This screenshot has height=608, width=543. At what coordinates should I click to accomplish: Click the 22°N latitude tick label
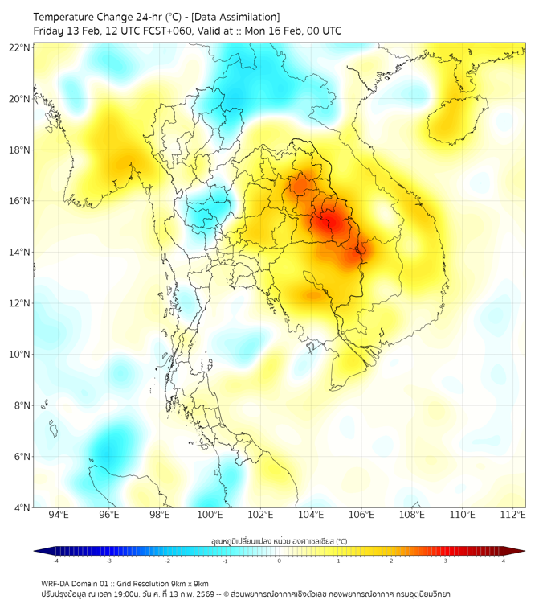[x=20, y=47]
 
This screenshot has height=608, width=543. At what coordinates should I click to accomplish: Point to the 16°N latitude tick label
[x=20, y=201]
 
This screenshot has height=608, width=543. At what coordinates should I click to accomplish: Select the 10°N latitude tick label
[x=20, y=355]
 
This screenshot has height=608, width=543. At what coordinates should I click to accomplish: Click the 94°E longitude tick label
[x=59, y=516]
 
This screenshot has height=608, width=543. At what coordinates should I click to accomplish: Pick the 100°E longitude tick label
[x=210, y=516]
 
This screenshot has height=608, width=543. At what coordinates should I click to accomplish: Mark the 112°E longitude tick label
[x=514, y=516]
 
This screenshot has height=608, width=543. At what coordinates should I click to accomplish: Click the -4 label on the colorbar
[x=55, y=561]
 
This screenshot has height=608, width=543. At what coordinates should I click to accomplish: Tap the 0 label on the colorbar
[x=280, y=561]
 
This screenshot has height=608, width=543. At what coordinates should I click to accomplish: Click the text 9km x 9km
[x=187, y=583]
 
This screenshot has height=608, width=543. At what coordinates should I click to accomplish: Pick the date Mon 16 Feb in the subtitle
[x=269, y=31]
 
